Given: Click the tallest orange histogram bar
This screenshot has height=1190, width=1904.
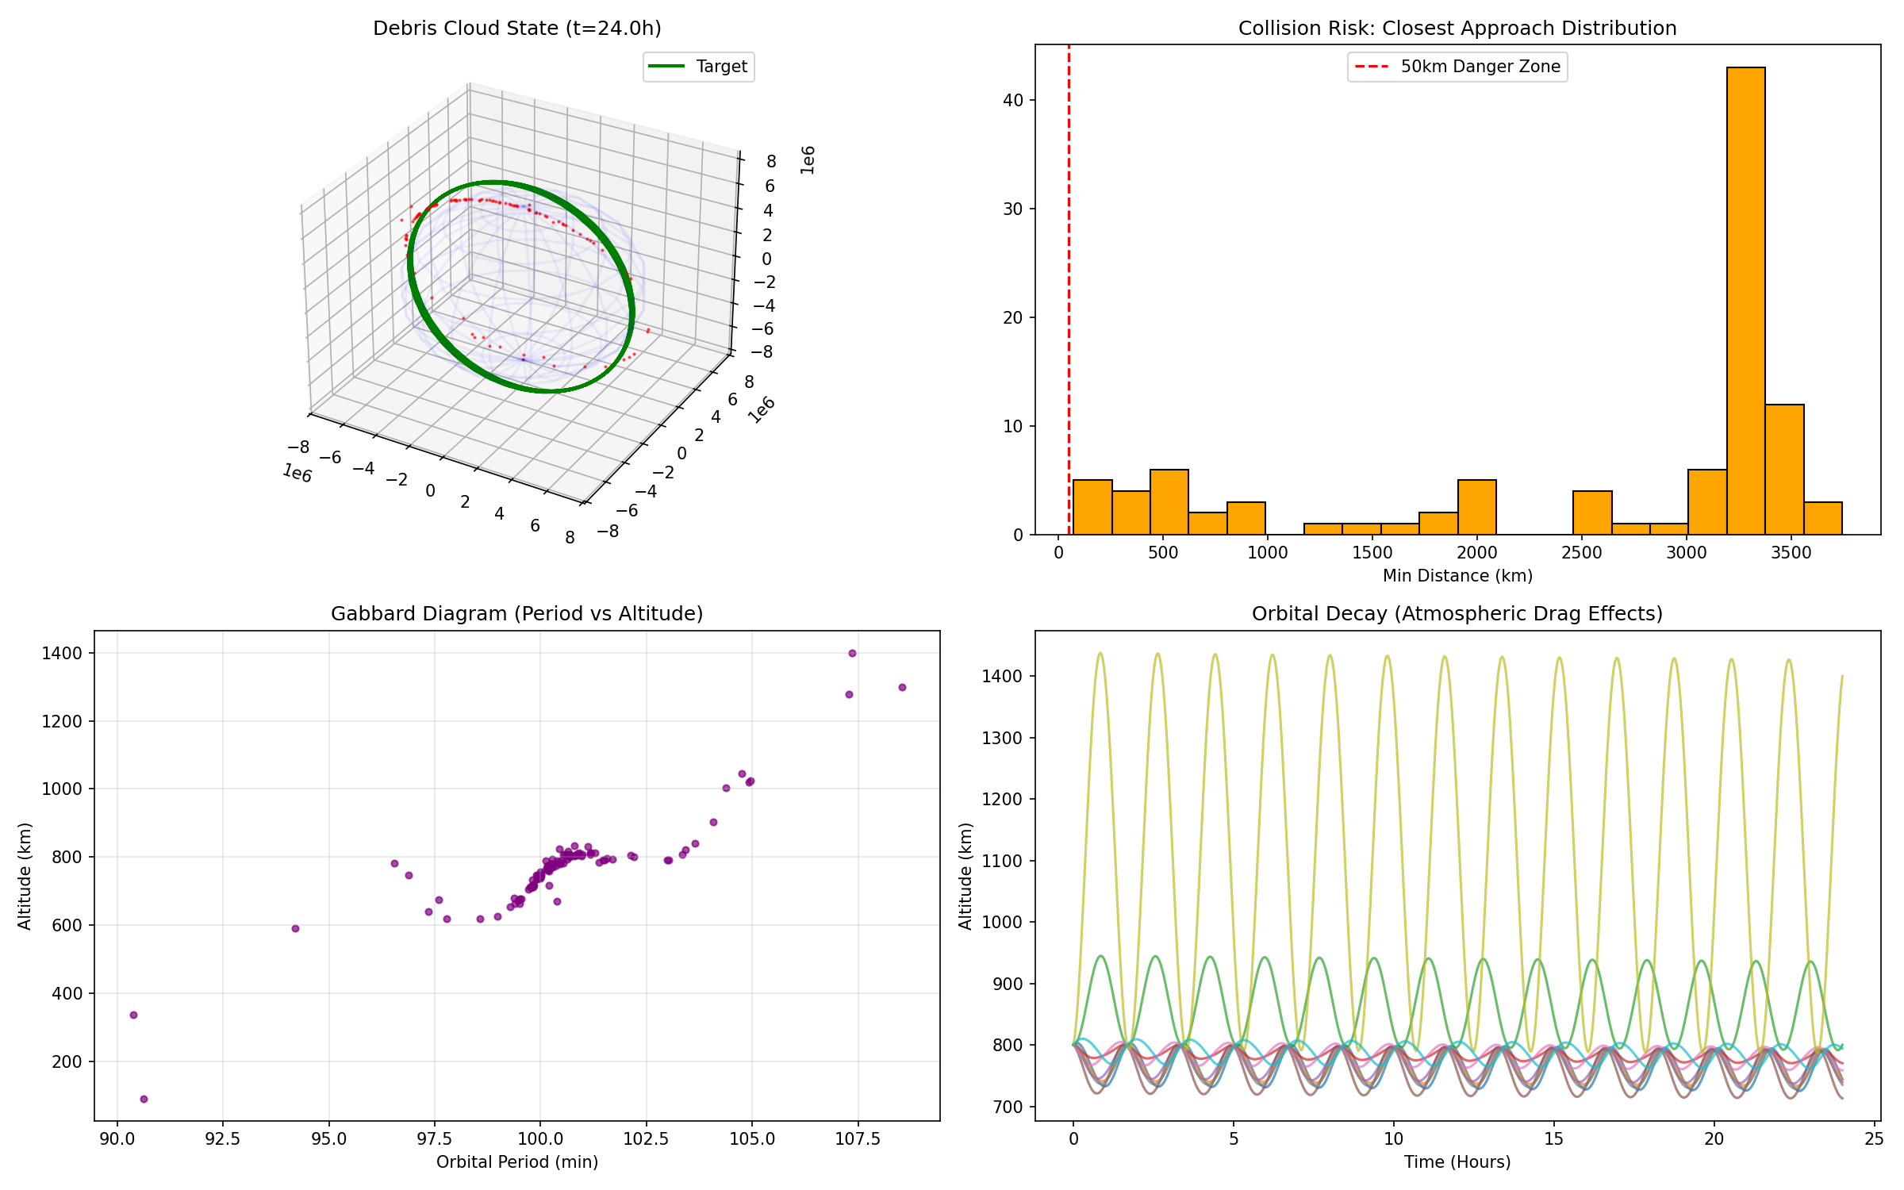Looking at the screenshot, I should pos(1745,301).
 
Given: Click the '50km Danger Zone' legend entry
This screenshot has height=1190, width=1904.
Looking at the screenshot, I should pos(1457,67).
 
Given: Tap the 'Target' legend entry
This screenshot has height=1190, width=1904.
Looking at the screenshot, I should pos(698,67).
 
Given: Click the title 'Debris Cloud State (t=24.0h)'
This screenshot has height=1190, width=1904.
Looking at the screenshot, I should pos(516,29).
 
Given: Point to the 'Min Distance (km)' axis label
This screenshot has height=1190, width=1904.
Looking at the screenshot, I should pos(1457,576).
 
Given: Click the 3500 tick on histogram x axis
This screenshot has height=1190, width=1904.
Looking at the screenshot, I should pos(1791,553).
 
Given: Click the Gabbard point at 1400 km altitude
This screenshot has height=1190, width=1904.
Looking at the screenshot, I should pos(852,653).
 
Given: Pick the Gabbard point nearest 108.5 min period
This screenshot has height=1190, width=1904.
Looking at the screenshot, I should pos(902,687).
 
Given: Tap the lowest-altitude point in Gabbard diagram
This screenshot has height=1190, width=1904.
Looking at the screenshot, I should pos(144,1099).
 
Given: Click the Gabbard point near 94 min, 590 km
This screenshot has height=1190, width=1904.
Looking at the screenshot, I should pos(295,928).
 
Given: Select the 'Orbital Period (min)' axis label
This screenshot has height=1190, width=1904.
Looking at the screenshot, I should pos(516,1162).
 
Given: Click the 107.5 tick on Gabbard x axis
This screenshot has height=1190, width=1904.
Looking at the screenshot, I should pos(858,1140).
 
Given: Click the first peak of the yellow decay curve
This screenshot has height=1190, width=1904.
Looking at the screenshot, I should pos(1100,654).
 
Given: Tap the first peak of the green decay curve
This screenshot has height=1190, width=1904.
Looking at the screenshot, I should pos(1100,956).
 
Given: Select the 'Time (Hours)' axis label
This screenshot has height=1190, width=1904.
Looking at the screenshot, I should pos(1457,1162).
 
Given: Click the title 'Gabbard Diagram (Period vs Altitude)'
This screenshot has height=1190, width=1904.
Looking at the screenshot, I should pos(516,614).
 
